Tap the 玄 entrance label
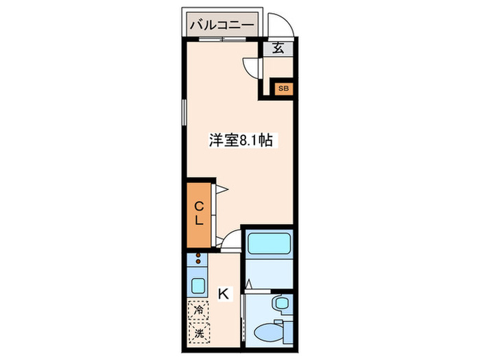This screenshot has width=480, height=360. click(x=279, y=49)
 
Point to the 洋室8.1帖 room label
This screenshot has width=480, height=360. click(x=241, y=141)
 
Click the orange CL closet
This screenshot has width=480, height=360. click(x=197, y=214)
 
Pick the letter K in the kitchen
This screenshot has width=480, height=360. click(x=224, y=294)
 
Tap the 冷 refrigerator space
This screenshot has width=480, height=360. click(x=198, y=310)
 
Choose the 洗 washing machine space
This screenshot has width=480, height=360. click(x=198, y=335)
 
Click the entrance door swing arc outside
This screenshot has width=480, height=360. click(x=281, y=24)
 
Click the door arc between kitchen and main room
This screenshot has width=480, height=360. click(x=231, y=239)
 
